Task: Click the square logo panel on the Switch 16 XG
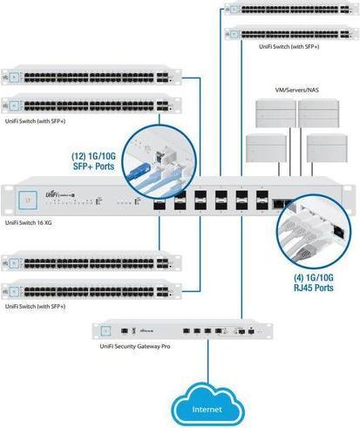tap(28, 198)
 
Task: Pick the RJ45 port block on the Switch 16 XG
tap(283, 202)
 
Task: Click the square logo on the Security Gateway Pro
tap(106, 331)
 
